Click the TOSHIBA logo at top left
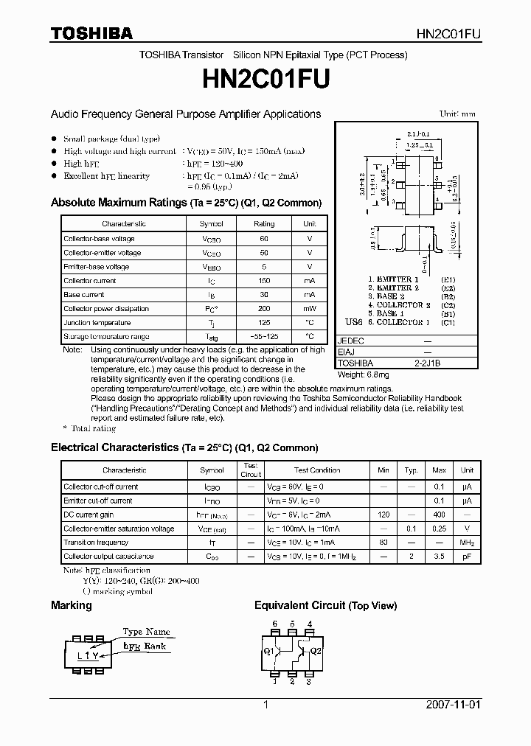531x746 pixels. tap(91, 33)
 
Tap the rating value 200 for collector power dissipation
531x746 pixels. tap(263, 309)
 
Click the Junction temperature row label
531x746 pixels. tap(97, 323)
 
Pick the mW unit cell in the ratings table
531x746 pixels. tap(309, 309)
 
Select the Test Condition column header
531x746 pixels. tap(317, 470)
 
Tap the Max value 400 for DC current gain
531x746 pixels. tap(439, 515)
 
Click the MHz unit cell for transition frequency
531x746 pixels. tap(467, 543)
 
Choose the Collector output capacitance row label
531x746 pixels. tap(108, 557)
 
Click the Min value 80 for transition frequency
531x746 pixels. tap(383, 543)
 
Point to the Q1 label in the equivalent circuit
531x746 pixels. tap(268, 651)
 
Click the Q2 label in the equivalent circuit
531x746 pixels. tap(315, 651)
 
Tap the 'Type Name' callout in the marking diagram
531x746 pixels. tap(146, 632)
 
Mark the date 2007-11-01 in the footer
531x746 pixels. tap(453, 705)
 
